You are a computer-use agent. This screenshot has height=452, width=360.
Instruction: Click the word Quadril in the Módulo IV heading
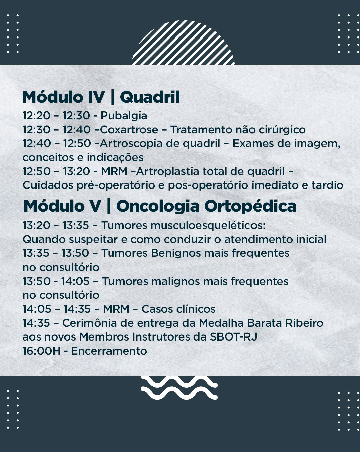tap(150, 97)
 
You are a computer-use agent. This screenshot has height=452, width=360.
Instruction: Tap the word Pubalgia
tap(124, 116)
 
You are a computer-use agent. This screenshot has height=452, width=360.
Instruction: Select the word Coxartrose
tap(129, 129)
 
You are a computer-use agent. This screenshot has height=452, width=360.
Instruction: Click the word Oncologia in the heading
tap(158, 207)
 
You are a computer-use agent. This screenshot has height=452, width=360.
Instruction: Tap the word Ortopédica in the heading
tap(250, 207)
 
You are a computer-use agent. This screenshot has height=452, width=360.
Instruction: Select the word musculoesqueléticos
tap(208, 226)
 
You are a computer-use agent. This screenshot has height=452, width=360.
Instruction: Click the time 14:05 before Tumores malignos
tap(75, 282)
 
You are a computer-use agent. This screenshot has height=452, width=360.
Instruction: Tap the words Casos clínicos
tap(178, 309)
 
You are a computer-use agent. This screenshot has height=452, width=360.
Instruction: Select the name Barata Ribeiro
tap(285, 323)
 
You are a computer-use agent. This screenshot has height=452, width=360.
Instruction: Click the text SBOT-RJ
tap(233, 337)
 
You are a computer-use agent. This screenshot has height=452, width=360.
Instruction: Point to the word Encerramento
tap(109, 351)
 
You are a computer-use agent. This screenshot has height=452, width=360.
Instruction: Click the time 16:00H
tap(42, 351)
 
